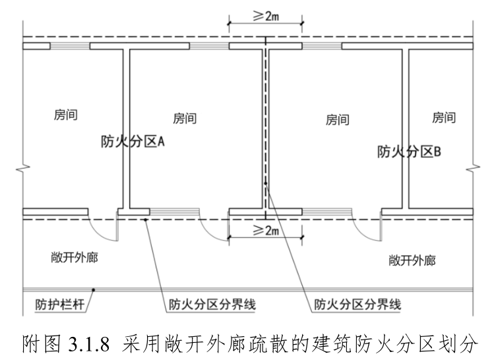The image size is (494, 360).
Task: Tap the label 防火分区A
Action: (x=132, y=141)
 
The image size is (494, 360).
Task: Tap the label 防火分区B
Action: (x=408, y=151)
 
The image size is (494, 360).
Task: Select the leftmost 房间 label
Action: (x=65, y=115)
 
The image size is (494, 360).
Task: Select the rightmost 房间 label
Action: (x=443, y=118)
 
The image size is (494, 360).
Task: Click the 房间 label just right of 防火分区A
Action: (x=185, y=119)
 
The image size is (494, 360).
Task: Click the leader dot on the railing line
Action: (x=94, y=289)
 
